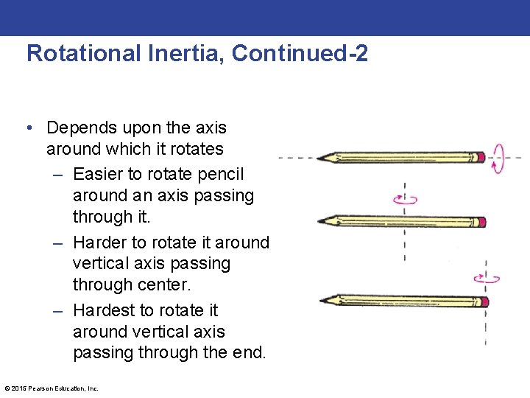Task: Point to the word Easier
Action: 99,174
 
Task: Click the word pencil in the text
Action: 221,174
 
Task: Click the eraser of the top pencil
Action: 480,157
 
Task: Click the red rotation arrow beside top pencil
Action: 498,157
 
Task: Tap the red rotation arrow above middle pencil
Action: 405,199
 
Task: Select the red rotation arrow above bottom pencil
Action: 487,279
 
